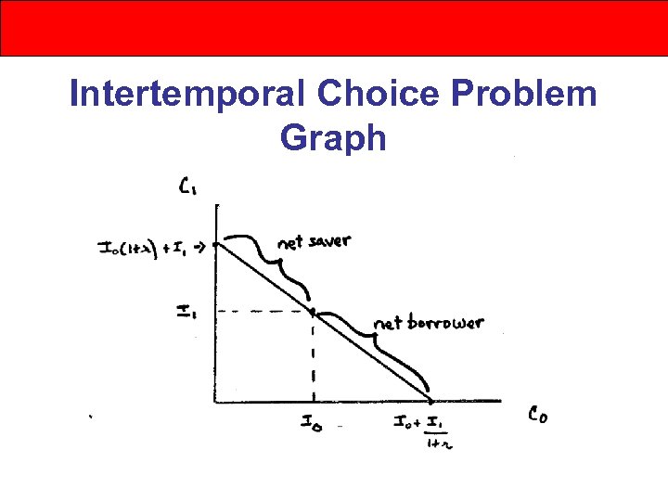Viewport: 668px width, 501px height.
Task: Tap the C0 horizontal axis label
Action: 537,417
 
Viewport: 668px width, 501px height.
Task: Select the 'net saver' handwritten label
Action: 314,242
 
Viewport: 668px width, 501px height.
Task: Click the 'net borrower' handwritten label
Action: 428,323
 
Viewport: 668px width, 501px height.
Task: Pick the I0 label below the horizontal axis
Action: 313,423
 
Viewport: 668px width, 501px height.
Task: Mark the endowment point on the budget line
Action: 312,310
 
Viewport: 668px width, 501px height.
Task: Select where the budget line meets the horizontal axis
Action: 432,401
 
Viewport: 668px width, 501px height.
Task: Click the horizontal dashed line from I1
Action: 263,310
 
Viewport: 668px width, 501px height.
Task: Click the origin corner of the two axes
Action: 215,402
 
